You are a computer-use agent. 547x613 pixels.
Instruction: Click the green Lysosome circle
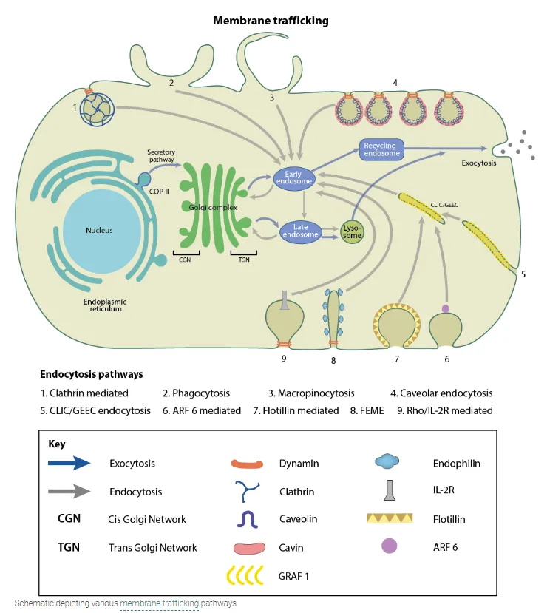coord(353,231)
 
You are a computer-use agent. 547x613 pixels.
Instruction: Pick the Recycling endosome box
coord(380,149)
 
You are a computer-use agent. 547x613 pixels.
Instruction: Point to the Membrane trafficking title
coord(271,21)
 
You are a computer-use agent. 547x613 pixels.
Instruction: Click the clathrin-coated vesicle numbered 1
coord(94,109)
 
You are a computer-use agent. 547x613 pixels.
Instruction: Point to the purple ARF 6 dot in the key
coord(389,546)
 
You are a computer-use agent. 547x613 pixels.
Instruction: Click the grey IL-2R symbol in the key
coord(389,491)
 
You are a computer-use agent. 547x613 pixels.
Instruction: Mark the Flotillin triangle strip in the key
coord(390,519)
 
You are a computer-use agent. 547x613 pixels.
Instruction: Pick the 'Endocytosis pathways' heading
coord(92,374)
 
